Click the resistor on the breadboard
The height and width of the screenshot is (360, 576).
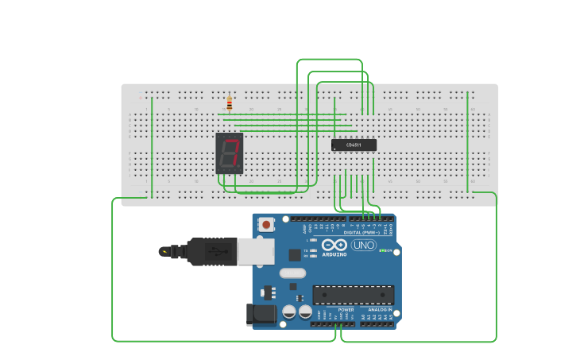(230, 103)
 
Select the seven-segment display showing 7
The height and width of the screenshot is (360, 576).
(230, 153)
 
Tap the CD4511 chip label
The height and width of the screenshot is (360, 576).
(354, 145)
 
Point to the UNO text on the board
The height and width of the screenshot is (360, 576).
(364, 245)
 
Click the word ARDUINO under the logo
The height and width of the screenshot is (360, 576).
(334, 254)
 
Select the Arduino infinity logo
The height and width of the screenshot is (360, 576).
(334, 245)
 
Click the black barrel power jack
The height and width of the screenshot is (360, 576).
(261, 315)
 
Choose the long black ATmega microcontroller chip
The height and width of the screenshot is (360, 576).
(353, 295)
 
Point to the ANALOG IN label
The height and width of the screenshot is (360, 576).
(379, 309)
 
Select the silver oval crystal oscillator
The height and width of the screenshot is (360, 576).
(292, 273)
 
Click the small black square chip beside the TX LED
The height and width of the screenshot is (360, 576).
(295, 255)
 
